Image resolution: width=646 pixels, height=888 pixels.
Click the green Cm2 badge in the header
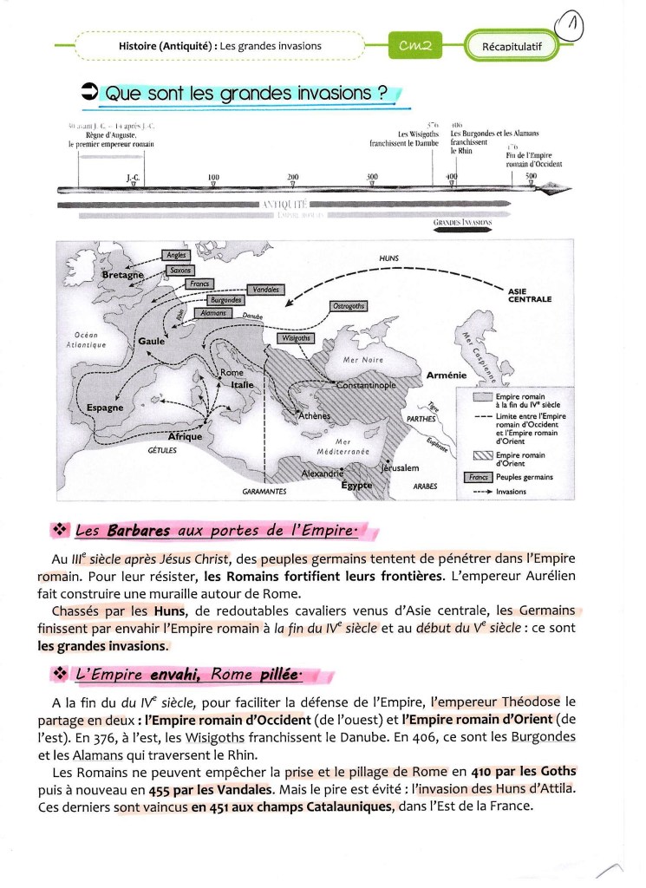415,45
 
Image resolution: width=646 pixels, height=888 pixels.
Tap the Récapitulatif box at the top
519,46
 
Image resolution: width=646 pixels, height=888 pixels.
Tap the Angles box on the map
174,256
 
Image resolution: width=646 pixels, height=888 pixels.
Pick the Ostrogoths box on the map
349,306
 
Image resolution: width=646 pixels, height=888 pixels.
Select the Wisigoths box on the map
295,338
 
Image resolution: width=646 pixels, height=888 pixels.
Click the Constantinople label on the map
365,384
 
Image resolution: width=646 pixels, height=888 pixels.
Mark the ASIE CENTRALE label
536,296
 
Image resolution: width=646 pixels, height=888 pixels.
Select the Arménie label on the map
447,375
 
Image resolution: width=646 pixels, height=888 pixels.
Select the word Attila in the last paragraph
556,788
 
